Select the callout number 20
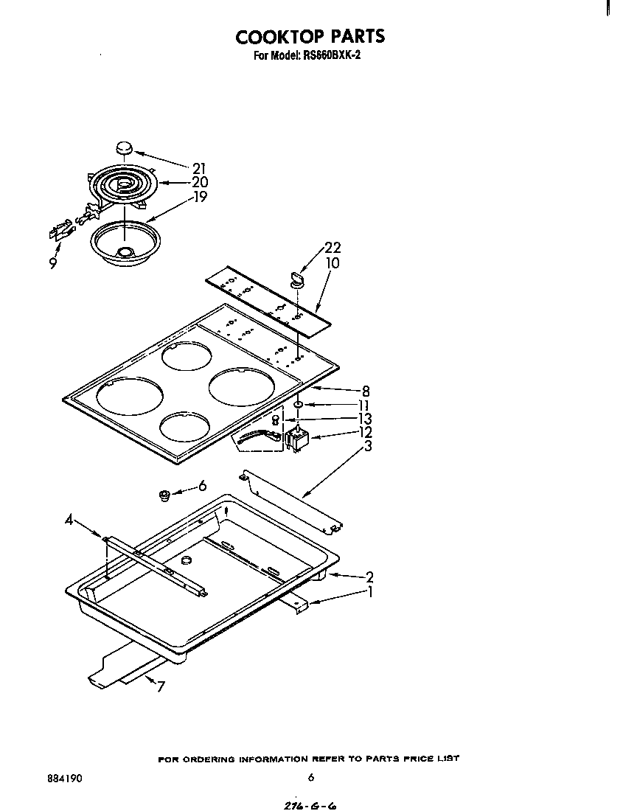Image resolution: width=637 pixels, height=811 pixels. pos(199,183)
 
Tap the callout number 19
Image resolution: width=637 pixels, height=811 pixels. pos(199,197)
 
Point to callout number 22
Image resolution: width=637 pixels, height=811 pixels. pos(332,248)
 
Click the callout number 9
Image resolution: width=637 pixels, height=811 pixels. pos(53,262)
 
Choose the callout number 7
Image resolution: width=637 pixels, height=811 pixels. pos(160,687)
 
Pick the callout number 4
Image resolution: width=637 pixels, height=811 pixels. pos(69,521)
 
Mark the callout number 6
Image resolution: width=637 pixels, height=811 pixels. pos(202,487)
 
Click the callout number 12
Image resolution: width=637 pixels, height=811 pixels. pos(365,433)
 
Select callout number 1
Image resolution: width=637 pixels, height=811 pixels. pos(369,591)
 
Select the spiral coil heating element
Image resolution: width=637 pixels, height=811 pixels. pos(122,184)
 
